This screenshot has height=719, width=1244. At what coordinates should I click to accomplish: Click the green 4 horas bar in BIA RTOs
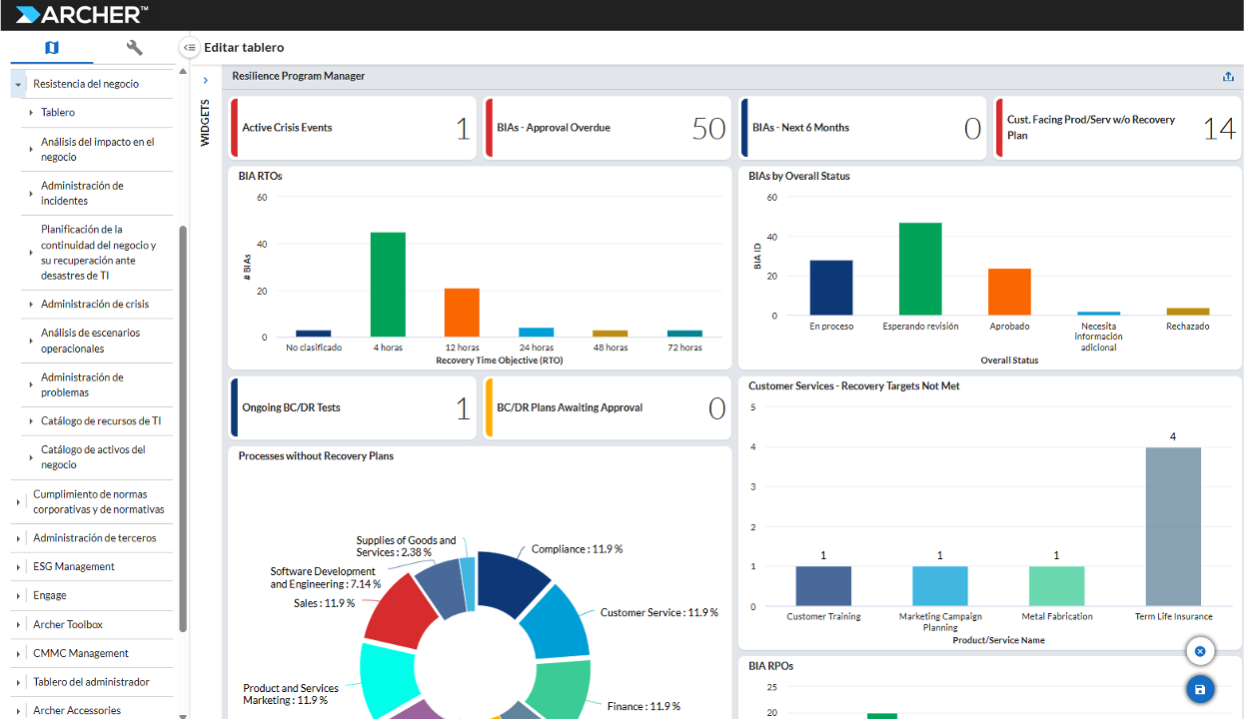coord(388,285)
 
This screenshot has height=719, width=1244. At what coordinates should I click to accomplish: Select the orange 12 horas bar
coord(462,313)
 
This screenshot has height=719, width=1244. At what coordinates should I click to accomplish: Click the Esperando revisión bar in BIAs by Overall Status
coord(920,270)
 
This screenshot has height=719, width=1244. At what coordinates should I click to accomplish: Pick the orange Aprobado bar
coord(1009,292)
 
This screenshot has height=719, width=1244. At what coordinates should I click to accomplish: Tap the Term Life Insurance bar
coord(1173,527)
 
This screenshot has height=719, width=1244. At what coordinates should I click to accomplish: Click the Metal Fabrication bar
coord(1056,586)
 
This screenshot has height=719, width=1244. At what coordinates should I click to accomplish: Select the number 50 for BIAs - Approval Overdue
coord(708,128)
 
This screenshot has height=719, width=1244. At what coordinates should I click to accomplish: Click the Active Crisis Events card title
coord(287,128)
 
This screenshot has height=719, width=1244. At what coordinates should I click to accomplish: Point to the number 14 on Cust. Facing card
coord(1219,128)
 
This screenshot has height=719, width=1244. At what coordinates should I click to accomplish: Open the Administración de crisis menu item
coord(95,304)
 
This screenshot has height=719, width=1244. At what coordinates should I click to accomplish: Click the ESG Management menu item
coord(74,566)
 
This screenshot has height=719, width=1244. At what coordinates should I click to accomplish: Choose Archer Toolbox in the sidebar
coord(68,624)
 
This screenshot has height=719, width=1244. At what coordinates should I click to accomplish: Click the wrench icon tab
coord(135,48)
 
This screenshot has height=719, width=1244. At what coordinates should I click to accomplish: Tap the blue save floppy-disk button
coord(1200,689)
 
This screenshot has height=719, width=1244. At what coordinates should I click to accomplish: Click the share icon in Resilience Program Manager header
coord(1228,77)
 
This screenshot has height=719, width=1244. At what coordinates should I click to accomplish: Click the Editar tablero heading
coord(244,47)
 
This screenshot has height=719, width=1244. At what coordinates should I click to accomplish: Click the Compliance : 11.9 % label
coord(577,549)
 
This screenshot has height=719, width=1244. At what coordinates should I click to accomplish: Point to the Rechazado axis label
coord(1187,327)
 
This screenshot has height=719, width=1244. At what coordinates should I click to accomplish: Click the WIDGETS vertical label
coord(206,123)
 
